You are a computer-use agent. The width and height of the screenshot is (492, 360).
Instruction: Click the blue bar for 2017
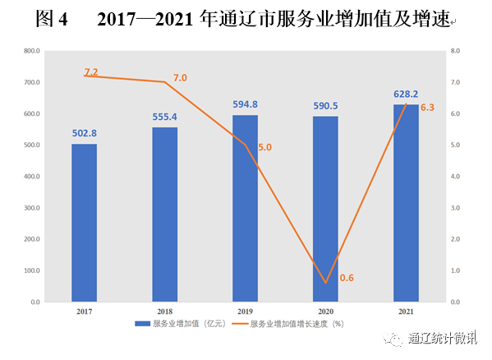click(x=84, y=223)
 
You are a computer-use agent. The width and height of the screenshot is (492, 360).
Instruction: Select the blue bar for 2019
click(x=245, y=209)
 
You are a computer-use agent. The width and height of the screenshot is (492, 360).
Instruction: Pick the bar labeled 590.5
click(x=325, y=210)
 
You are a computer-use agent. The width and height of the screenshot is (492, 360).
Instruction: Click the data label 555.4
click(x=164, y=117)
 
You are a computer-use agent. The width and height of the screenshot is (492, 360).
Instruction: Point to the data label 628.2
click(x=406, y=94)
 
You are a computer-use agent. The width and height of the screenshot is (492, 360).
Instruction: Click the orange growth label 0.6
click(x=346, y=278)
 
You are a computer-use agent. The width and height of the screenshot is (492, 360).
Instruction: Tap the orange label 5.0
click(x=264, y=147)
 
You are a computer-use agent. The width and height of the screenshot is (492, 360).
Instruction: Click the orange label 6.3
click(x=427, y=107)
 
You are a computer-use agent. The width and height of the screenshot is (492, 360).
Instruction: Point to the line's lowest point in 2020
click(x=325, y=284)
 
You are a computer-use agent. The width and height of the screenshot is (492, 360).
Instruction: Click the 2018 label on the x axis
click(x=164, y=312)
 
